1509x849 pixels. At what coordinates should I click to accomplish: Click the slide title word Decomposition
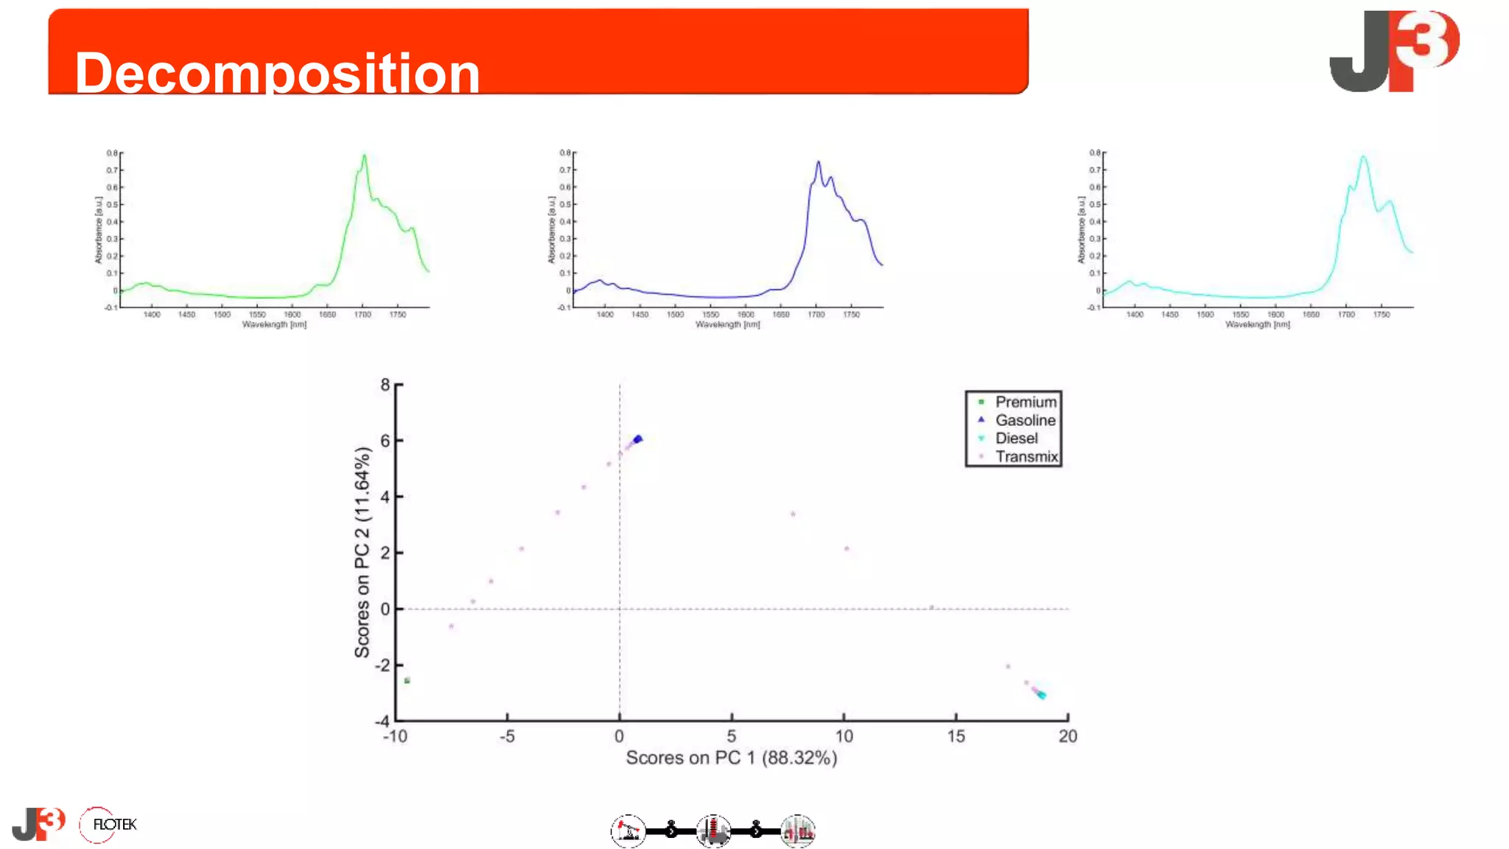pos(277,73)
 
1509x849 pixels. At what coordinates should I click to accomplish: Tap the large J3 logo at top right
pos(1393,51)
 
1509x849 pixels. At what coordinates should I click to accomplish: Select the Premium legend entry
pos(1025,402)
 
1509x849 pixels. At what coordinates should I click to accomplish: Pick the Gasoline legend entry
pos(1024,420)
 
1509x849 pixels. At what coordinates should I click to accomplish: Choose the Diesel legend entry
pos(1016,438)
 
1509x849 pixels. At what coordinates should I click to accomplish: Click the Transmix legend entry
pos(1026,456)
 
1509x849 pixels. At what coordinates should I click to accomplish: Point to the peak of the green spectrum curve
pos(364,156)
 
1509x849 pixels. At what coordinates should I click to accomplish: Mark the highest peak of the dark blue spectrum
pos(818,163)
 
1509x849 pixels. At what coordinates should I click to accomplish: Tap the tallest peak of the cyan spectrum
pos(1363,157)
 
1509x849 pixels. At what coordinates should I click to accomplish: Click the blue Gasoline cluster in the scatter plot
pos(638,439)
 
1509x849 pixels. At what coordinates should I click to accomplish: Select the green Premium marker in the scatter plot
pos(407,680)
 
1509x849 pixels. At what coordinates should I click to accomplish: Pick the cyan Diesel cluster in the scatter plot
pos(1041,695)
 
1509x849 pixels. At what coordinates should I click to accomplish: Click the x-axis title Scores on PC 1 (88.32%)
pos(731,758)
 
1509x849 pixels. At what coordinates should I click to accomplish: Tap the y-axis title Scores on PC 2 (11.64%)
pos(362,552)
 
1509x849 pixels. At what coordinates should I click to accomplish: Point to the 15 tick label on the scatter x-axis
pos(956,736)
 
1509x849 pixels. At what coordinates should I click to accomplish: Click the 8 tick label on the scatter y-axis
pos(385,385)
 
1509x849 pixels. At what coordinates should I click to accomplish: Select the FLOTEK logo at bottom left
pos(108,825)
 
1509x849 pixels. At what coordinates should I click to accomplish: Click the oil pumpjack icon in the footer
pos(628,831)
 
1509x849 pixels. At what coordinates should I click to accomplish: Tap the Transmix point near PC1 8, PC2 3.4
pos(793,514)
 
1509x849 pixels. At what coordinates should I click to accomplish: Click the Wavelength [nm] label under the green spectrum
pos(274,324)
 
